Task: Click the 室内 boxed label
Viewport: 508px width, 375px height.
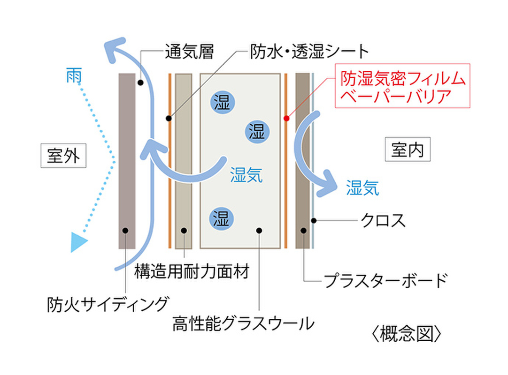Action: point(407,150)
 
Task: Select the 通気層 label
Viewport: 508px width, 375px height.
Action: point(189,51)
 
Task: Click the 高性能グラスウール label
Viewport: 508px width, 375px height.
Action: point(243,323)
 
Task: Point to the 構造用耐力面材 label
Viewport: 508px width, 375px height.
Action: point(192,270)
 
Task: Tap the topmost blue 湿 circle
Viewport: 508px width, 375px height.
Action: point(222,102)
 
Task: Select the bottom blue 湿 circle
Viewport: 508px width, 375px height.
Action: point(222,217)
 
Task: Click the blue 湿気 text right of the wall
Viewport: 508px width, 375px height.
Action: point(362,188)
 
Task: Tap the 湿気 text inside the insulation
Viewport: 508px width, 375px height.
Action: point(246,175)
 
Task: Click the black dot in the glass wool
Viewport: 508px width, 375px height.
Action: point(260,230)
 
